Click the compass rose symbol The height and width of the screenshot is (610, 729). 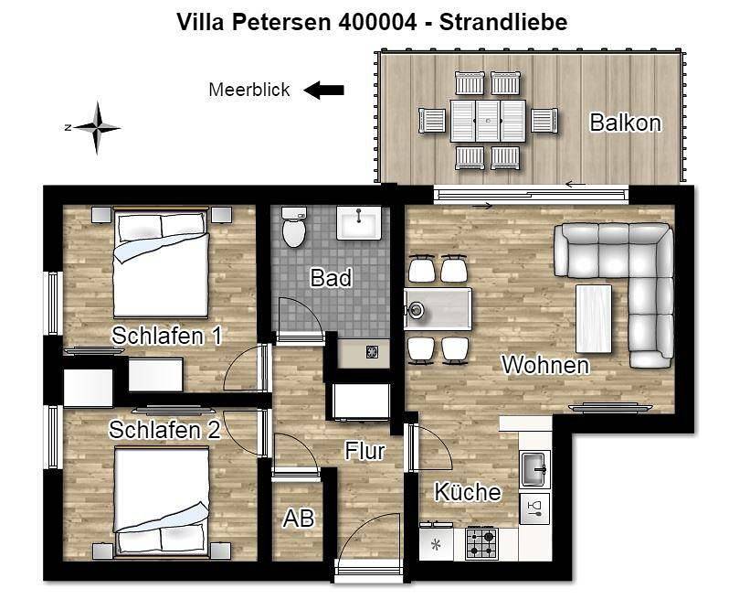(95, 127)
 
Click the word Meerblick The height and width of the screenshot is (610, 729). (249, 90)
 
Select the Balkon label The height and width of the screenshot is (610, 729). (625, 123)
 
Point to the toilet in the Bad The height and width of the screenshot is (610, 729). (294, 228)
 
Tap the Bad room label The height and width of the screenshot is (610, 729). (331, 278)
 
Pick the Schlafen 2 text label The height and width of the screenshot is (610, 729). (164, 429)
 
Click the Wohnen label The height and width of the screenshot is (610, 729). (544, 365)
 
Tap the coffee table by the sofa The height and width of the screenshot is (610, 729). (593, 317)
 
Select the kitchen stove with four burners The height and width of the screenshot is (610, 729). (481, 544)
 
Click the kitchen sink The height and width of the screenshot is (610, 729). (535, 470)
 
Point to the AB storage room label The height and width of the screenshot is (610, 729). (299, 519)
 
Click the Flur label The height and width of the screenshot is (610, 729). (364, 450)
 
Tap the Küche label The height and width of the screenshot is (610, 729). (467, 492)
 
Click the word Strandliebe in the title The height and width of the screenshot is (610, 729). (502, 22)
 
